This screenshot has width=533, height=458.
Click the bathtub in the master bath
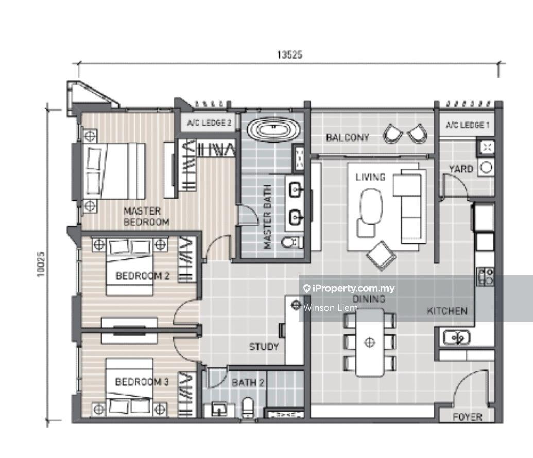pyautogui.click(x=273, y=129)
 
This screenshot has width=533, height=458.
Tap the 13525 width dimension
pyautogui.click(x=289, y=55)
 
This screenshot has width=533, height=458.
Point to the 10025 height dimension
pyautogui.click(x=41, y=264)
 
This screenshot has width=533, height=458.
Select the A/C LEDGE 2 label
pyautogui.click(x=209, y=122)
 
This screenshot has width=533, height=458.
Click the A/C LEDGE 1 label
pyautogui.click(x=468, y=125)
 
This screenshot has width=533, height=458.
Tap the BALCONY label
pyautogui.click(x=348, y=137)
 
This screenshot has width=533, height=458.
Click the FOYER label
pyautogui.click(x=468, y=417)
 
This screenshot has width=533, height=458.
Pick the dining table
pyautogui.click(x=370, y=343)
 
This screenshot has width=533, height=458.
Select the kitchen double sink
pyautogui.click(x=456, y=338)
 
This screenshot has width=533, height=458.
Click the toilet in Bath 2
pyautogui.click(x=248, y=408)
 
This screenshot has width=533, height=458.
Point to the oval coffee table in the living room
pyautogui.click(x=371, y=206)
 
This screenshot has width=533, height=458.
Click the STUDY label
pyautogui.click(x=264, y=347)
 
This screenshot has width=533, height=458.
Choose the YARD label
pyautogui.click(x=461, y=169)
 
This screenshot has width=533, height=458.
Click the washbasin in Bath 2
pyautogui.click(x=219, y=409)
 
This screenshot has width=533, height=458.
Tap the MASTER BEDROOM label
pyautogui.click(x=146, y=217)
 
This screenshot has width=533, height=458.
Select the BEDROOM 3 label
pyautogui.click(x=142, y=382)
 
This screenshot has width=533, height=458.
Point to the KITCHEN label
pyautogui.click(x=447, y=311)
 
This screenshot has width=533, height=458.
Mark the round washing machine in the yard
pyautogui.click(x=486, y=167)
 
